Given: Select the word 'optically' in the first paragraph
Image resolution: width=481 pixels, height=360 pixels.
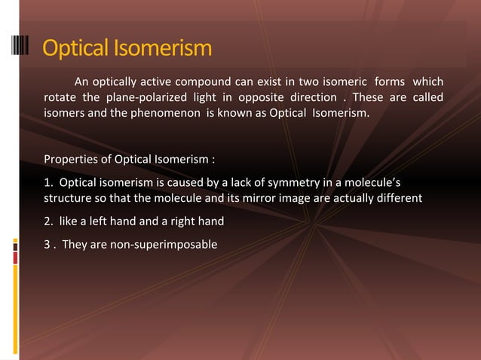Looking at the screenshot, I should (x=118, y=81).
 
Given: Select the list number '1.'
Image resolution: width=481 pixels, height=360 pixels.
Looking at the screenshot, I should (x=49, y=182).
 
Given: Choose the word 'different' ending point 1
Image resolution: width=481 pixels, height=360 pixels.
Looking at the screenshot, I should (x=397, y=199).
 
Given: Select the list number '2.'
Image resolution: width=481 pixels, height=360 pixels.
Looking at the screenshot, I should (x=49, y=222).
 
